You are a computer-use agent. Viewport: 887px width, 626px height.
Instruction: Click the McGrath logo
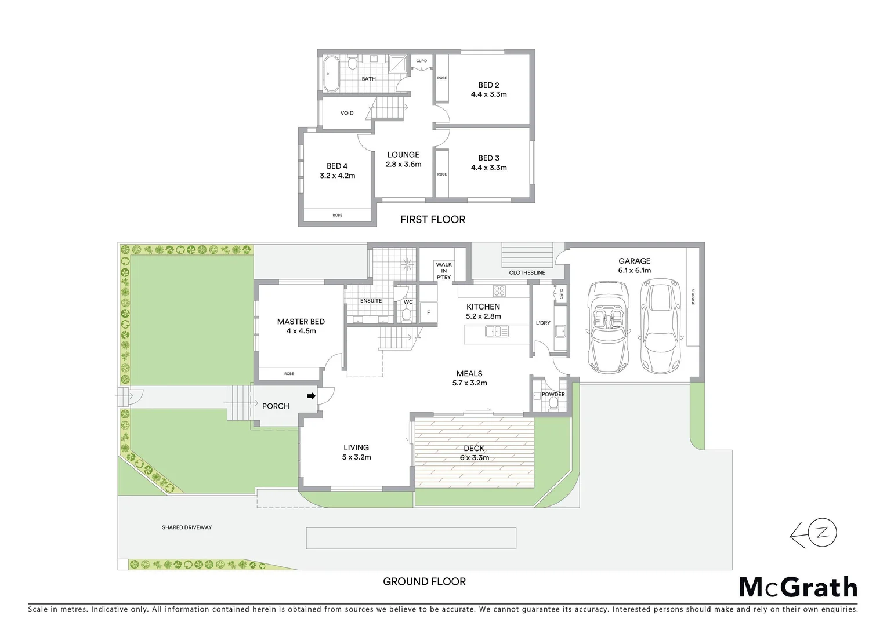pos(798,587)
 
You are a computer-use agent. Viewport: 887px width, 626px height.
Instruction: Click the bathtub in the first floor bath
pos(333,74)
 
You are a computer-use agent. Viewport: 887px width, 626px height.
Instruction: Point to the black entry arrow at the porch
pos(312,396)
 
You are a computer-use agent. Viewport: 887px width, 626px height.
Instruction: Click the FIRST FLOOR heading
pos(433,219)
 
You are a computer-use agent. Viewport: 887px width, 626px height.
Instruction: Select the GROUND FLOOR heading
pos(424,581)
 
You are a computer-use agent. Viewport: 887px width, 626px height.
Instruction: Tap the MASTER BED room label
pos(301,322)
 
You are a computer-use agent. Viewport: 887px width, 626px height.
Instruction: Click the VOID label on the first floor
pos(347,113)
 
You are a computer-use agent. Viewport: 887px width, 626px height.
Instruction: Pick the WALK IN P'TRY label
pos(444,271)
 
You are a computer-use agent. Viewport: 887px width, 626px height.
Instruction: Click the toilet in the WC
pos(407,315)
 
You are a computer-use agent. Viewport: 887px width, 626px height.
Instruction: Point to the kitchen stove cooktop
pos(500,290)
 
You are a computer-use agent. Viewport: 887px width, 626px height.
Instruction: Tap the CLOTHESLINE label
pos(527,272)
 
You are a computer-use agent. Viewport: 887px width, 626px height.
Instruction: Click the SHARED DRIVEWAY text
pos(187,527)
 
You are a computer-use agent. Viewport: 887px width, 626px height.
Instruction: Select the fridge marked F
pos(429,312)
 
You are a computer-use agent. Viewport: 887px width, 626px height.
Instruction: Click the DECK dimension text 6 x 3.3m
pos(474,458)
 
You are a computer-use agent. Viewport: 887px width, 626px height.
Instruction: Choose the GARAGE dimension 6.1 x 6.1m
pos(634,270)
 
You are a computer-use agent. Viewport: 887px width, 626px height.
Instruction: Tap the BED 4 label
pos(337,166)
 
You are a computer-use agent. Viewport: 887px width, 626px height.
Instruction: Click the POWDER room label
pos(553,394)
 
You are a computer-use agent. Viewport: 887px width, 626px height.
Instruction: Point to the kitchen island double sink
pos(497,332)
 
